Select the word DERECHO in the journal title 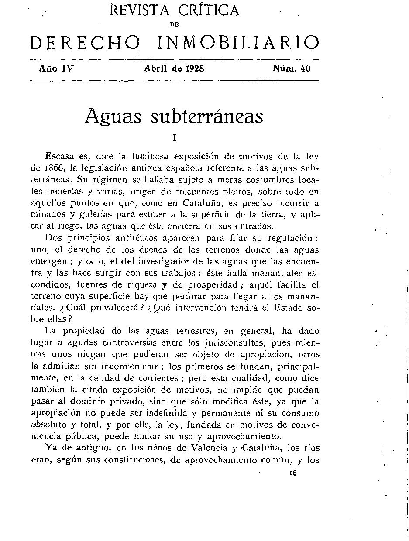point(85,43)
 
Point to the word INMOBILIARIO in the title point(237,43)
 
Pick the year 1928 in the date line point(194,68)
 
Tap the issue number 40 point(306,68)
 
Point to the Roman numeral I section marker point(174,138)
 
